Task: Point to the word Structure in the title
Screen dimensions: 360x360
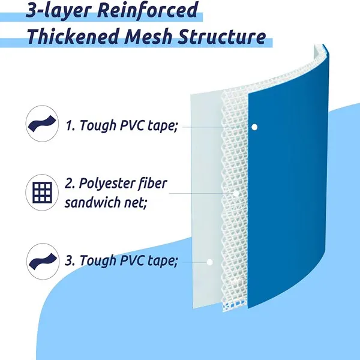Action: coord(226,37)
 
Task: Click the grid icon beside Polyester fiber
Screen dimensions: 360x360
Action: coord(42,193)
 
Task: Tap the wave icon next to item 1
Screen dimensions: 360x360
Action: coord(42,124)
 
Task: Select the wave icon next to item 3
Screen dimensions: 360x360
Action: coord(42,261)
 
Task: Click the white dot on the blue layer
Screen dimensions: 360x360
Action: coord(254,127)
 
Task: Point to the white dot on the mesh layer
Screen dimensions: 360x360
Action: coord(237,194)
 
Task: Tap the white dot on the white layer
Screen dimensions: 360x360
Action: coord(209,262)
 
